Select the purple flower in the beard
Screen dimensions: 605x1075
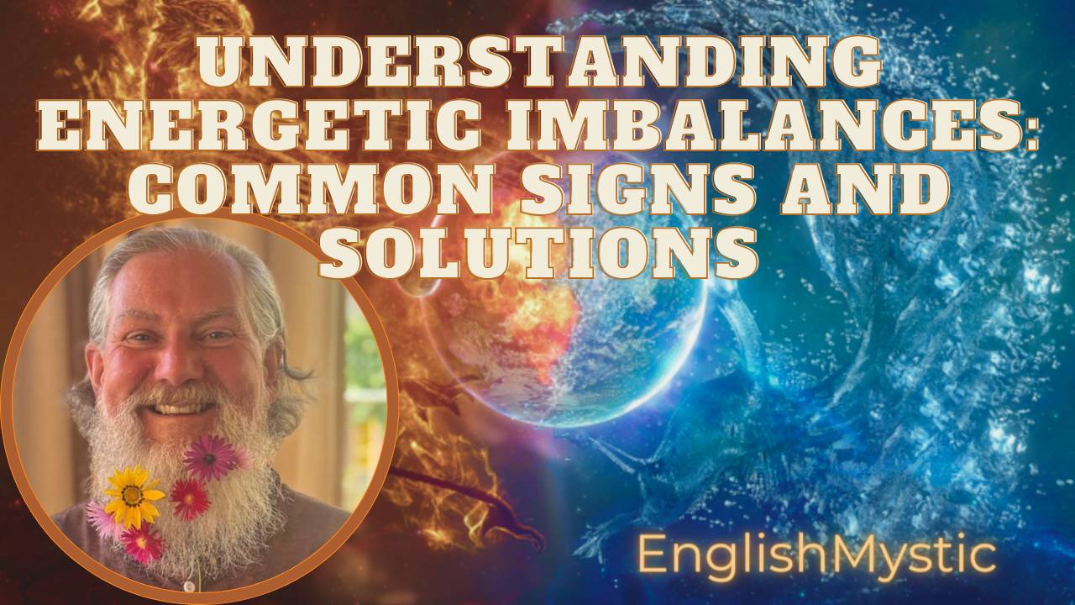click(208, 458)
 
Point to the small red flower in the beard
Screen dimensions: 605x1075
click(190, 499)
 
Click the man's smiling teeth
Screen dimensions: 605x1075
click(176, 410)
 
